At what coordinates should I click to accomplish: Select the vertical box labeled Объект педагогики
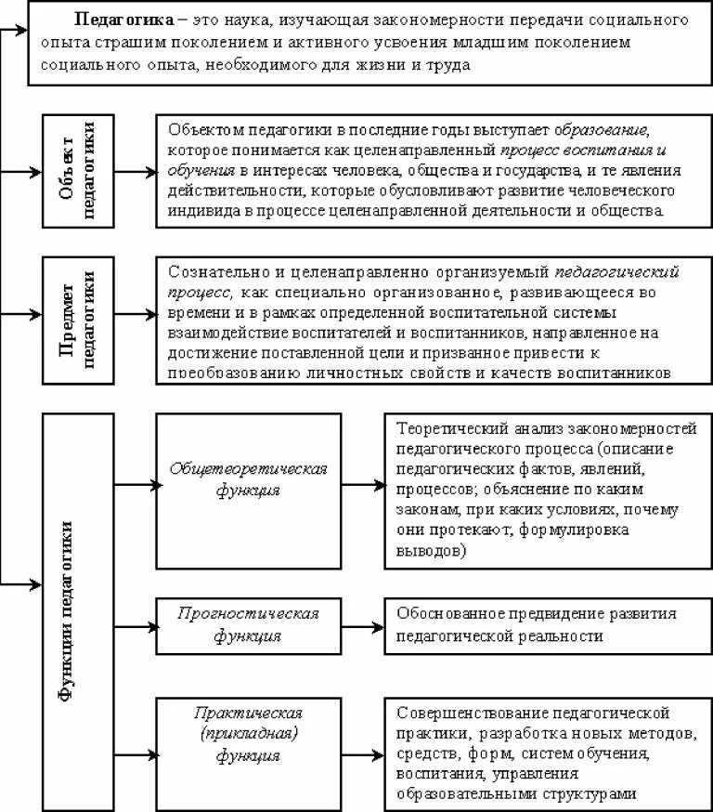point(78,171)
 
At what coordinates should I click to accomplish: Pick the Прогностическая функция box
point(248,625)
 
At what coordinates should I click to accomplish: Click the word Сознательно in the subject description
point(213,272)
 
